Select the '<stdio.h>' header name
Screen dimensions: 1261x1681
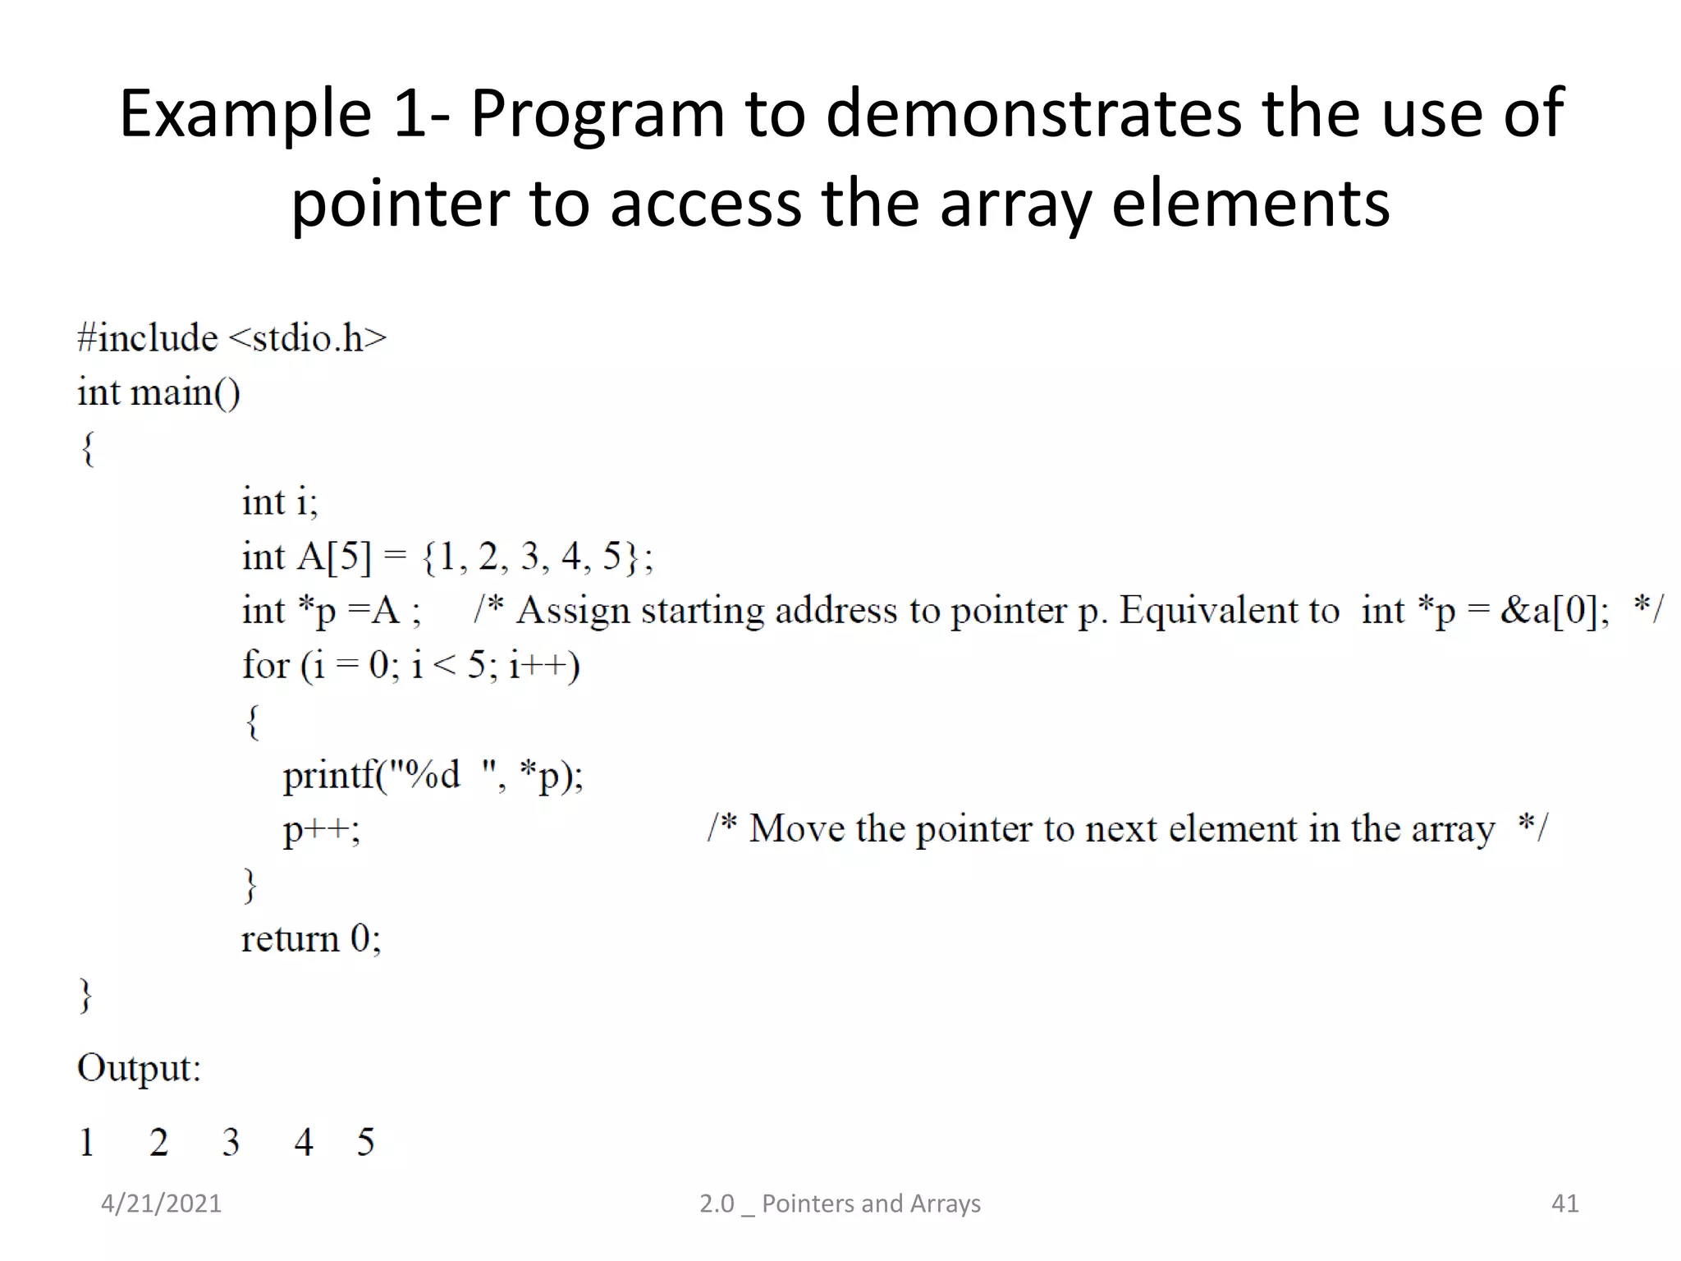[306, 338]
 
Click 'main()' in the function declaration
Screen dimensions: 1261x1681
[186, 392]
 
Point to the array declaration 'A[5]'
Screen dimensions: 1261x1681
[334, 557]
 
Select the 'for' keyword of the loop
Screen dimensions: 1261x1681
[265, 665]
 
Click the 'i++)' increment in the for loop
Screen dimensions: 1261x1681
[544, 665]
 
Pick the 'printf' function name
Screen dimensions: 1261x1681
[327, 775]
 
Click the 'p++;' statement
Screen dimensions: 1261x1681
[321, 830]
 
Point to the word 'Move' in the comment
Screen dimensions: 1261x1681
[795, 828]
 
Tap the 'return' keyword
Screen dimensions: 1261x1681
[290, 938]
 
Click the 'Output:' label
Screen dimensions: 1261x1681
[139, 1068]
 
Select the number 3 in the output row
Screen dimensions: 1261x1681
[231, 1142]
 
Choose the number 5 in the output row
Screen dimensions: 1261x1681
[365, 1142]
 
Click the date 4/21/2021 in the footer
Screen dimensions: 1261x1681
[161, 1204]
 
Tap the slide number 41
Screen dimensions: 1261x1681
[1564, 1204]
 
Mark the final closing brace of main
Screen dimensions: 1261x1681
[85, 995]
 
